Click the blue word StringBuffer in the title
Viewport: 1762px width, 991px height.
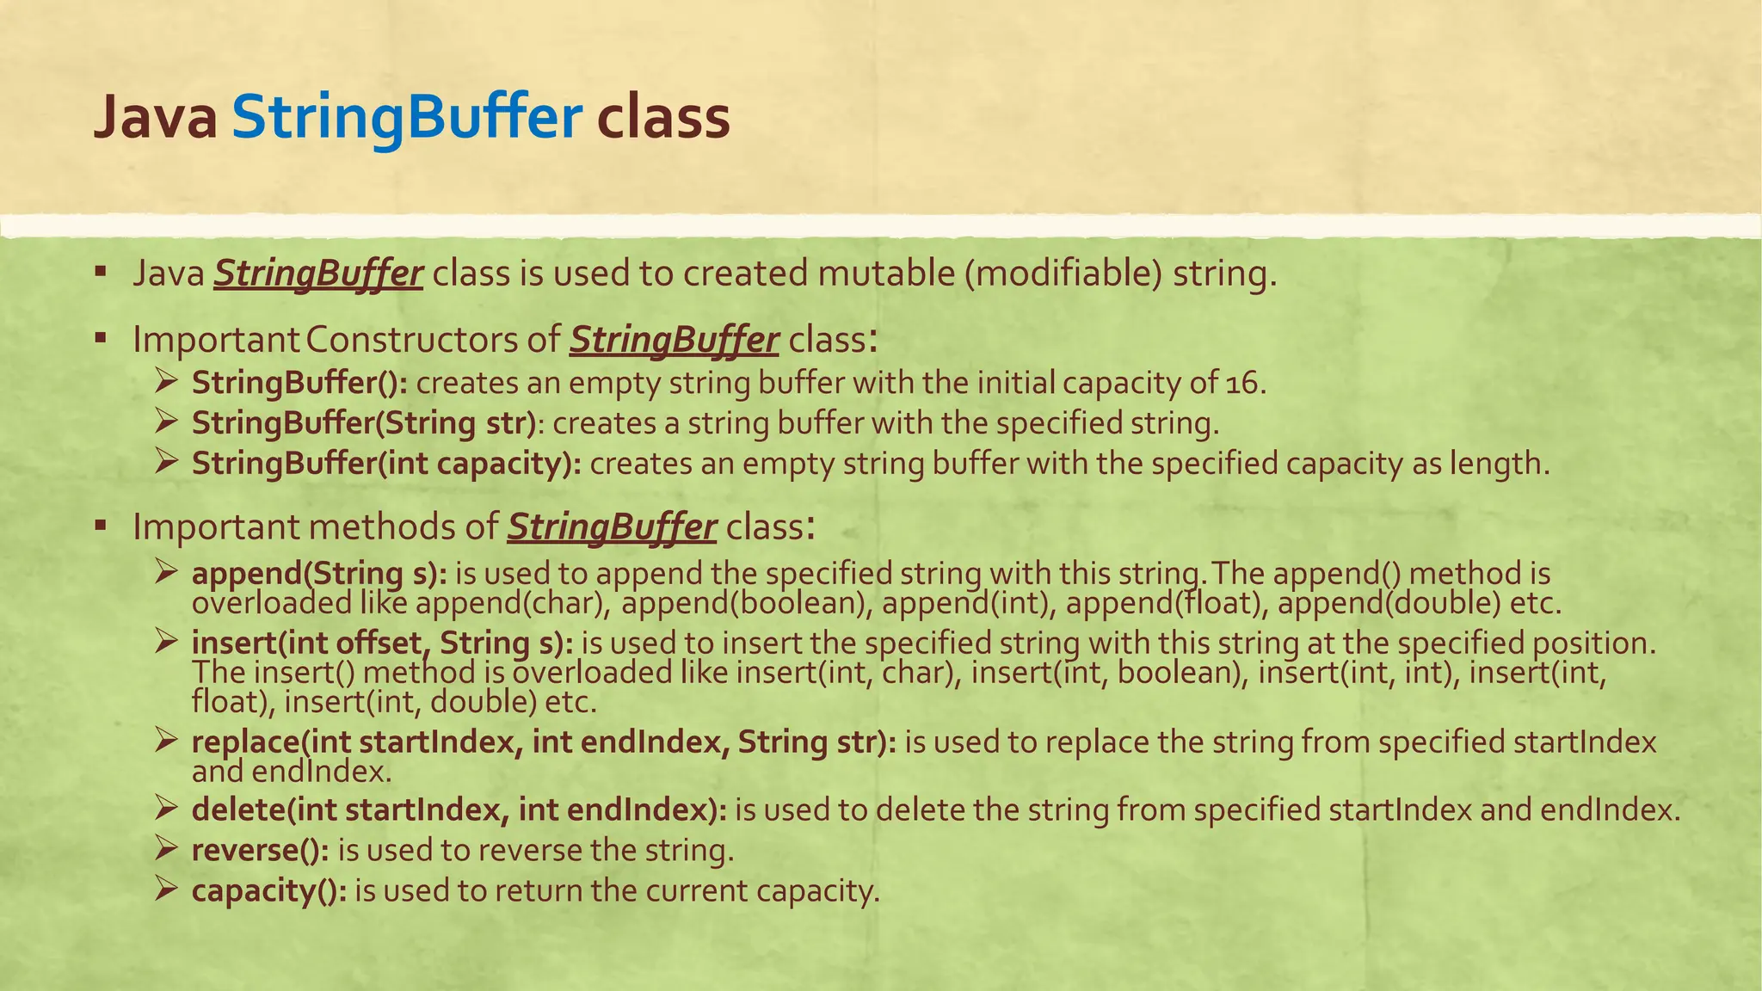[407, 118]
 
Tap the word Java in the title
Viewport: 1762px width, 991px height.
[155, 118]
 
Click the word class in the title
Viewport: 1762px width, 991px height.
[663, 118]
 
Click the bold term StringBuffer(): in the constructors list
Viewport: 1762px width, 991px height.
[299, 383]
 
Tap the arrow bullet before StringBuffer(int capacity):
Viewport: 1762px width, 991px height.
[166, 462]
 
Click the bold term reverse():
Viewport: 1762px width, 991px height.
[260, 850]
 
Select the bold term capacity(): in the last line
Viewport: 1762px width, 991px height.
[269, 890]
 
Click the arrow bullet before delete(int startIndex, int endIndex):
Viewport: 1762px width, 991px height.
[166, 809]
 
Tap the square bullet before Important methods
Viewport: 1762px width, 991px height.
[101, 525]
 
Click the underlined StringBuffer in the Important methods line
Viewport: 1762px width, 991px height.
[611, 526]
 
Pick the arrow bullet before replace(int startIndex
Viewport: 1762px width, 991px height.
[166, 740]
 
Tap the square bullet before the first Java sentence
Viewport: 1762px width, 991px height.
[101, 273]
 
